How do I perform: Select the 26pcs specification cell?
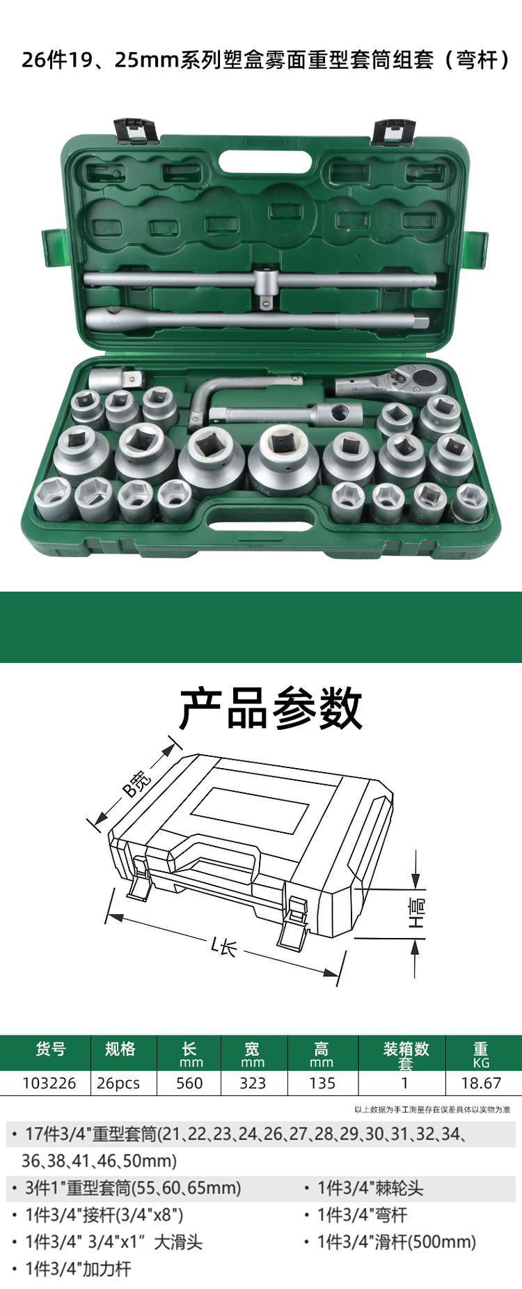pos(118,1083)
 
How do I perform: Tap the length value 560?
pos(189,1083)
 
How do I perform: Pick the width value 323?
pos(253,1083)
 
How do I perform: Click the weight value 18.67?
pos(481,1083)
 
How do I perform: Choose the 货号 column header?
pos(51,1049)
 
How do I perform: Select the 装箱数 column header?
pos(406,1049)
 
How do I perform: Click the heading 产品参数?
pos(271,708)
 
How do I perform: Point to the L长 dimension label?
pos(225,946)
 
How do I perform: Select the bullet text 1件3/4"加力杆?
pos(78,1269)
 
